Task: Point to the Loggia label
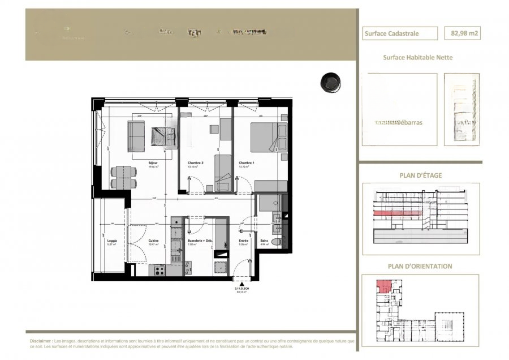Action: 112,241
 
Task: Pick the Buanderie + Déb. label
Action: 199,241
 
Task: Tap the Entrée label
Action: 243,241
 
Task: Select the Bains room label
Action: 264,241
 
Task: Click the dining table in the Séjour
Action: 123,177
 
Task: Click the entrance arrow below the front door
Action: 242,284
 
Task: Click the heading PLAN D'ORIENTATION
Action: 419,266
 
